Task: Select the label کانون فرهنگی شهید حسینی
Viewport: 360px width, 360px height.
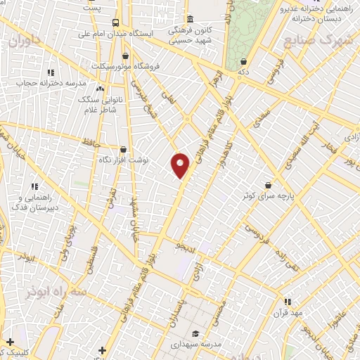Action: [x=190, y=32]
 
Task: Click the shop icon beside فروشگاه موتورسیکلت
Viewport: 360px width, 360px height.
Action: [x=125, y=56]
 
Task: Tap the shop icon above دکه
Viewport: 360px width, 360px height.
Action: [x=243, y=62]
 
